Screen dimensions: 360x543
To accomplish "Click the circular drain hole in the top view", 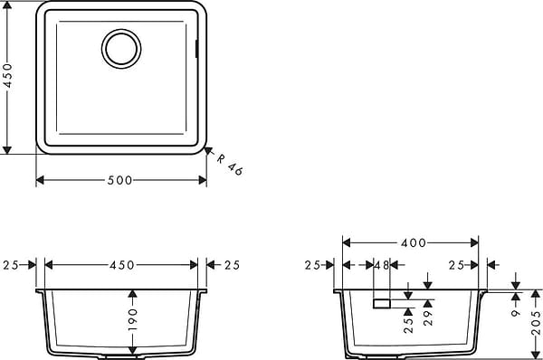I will click(120, 48).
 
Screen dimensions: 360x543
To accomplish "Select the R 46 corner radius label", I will click(230, 164).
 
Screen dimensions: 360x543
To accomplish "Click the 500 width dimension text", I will click(120, 180).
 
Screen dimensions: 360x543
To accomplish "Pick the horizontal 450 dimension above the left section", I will click(121, 265).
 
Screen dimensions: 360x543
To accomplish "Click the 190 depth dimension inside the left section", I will click(132, 319).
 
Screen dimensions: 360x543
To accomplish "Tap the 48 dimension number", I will click(380, 265).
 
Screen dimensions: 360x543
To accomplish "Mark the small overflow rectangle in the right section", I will click(381, 304).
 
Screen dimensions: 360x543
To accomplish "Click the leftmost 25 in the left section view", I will click(11, 265).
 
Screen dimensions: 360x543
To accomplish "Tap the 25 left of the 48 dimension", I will click(313, 265).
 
